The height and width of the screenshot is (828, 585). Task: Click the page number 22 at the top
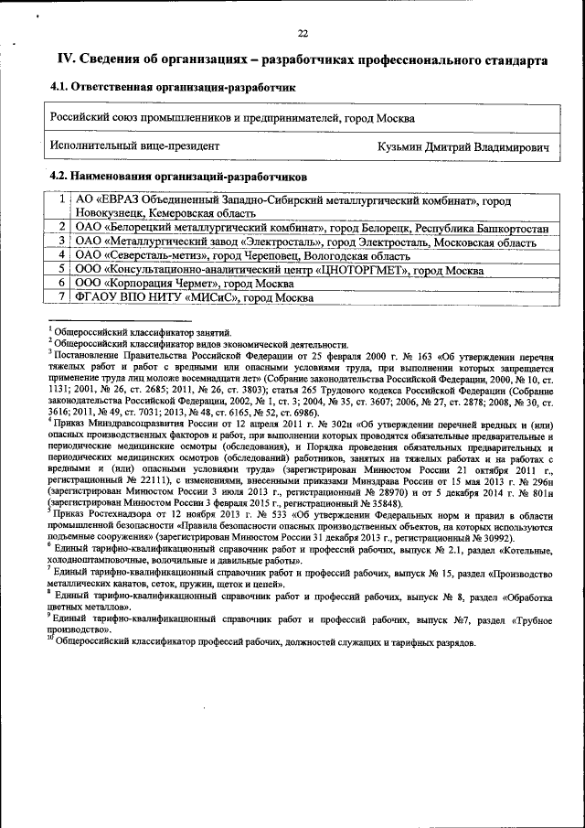click(x=303, y=33)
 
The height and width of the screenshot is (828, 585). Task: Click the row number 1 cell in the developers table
click(x=60, y=199)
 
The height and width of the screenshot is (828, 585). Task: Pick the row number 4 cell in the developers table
click(x=60, y=254)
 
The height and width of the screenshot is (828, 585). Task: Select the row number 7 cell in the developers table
click(x=60, y=297)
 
